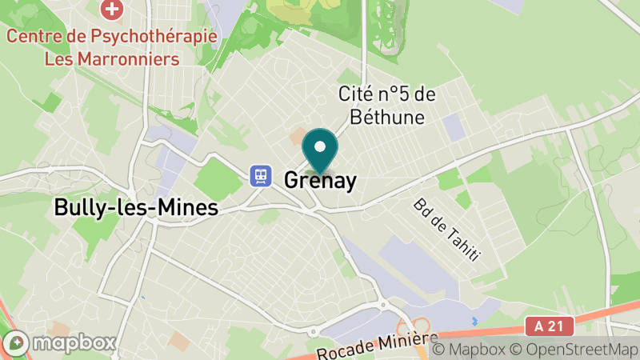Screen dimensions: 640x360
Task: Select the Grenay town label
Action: pos(320,180)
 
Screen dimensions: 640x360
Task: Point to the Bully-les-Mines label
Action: pos(135,208)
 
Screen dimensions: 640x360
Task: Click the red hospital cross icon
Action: pos(113,10)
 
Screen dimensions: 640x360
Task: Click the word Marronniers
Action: pos(133,58)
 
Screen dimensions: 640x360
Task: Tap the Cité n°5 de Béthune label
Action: pos(386,106)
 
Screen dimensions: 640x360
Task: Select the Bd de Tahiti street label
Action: pos(446,230)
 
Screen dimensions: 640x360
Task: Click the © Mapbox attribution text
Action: pos(472,350)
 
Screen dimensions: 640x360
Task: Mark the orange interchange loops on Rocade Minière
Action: pos(422,327)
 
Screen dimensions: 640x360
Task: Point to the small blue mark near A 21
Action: pos(474,321)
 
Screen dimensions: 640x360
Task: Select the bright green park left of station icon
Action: pos(218,178)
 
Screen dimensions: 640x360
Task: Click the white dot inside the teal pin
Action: pos(320,146)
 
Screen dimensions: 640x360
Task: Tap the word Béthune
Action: pos(386,117)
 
